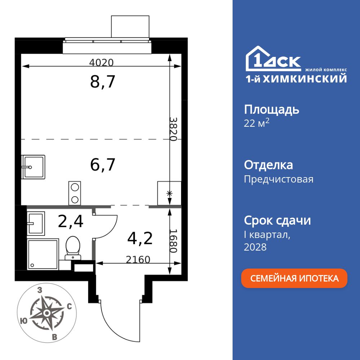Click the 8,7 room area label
(103, 82)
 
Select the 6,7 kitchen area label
(103, 165)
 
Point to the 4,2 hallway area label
(140, 238)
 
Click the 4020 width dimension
(101, 63)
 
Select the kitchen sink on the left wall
(33, 167)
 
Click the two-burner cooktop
(75, 193)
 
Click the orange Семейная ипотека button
(294, 278)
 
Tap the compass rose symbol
(46, 313)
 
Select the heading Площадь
(271, 109)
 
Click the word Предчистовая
(278, 179)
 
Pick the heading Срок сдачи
(277, 220)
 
